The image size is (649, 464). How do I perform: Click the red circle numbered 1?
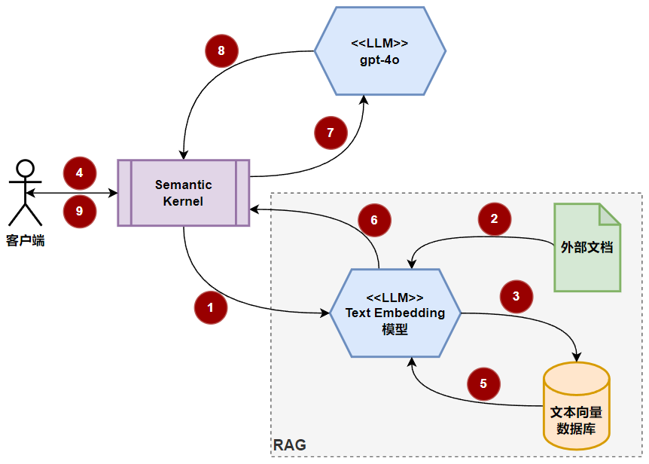[211, 307]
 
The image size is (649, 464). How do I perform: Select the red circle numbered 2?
[495, 219]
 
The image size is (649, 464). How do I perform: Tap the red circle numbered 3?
[516, 296]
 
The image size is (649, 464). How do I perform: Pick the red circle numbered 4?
[80, 172]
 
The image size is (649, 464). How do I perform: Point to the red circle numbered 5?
[483, 383]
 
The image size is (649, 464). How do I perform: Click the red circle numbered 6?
[374, 220]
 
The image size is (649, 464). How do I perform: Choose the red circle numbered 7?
[330, 132]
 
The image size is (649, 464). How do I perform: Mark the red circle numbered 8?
[221, 50]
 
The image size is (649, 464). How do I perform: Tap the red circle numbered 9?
[80, 211]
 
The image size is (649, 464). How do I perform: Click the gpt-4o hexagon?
[380, 51]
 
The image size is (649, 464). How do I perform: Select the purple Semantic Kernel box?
[184, 193]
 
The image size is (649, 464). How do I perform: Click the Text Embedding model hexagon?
[395, 313]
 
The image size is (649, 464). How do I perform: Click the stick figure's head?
[26, 168]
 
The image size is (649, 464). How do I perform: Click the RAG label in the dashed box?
[290, 445]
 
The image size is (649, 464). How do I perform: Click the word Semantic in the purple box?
[184, 185]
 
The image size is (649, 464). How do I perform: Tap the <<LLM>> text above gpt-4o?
[380, 43]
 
